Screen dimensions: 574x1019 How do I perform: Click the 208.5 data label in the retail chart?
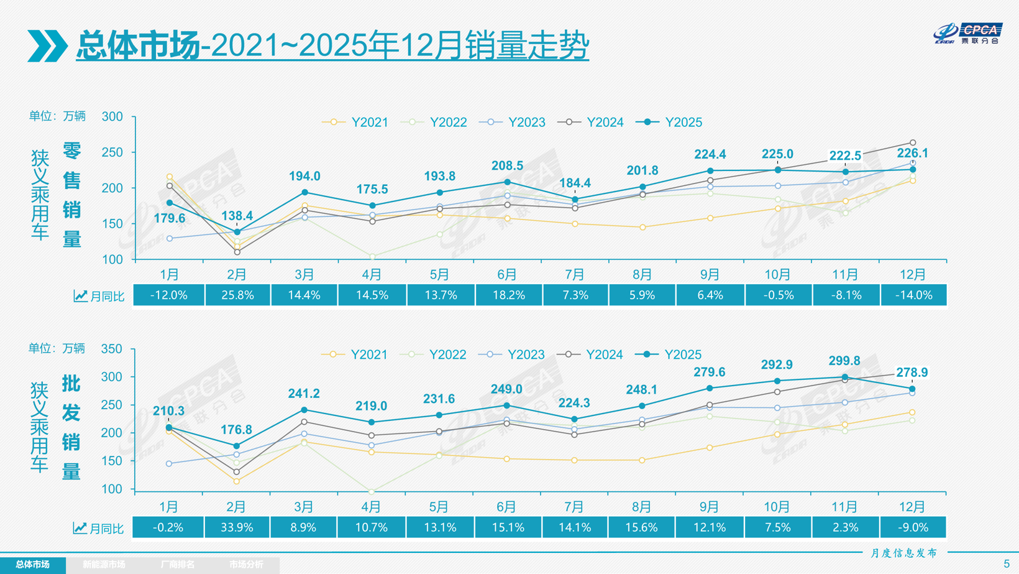coord(507,166)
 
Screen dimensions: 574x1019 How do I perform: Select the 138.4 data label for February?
coord(237,216)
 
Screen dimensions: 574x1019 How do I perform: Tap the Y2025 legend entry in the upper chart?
coord(670,123)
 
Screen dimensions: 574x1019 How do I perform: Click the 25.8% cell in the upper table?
coord(237,295)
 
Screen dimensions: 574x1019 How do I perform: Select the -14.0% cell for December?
coord(913,295)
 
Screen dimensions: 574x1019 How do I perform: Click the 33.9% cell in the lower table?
coord(237,527)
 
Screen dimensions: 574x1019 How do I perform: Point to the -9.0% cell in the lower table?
coord(913,527)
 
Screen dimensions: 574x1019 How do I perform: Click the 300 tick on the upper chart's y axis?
coord(112,117)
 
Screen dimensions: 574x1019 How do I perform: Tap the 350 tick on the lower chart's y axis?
coord(112,349)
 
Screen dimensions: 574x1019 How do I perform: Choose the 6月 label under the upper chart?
coord(507,274)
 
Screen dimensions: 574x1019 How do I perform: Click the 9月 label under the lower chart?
coord(710,507)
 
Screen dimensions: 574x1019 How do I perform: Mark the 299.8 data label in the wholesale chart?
coord(844,361)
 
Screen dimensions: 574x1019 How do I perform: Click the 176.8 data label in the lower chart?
coord(236,430)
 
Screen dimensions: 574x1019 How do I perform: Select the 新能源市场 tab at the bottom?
coord(104,565)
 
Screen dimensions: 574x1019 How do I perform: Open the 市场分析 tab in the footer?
coord(246,565)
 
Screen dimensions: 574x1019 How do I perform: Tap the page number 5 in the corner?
coord(1007,564)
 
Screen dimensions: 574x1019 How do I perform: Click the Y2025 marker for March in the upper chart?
coord(304,193)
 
